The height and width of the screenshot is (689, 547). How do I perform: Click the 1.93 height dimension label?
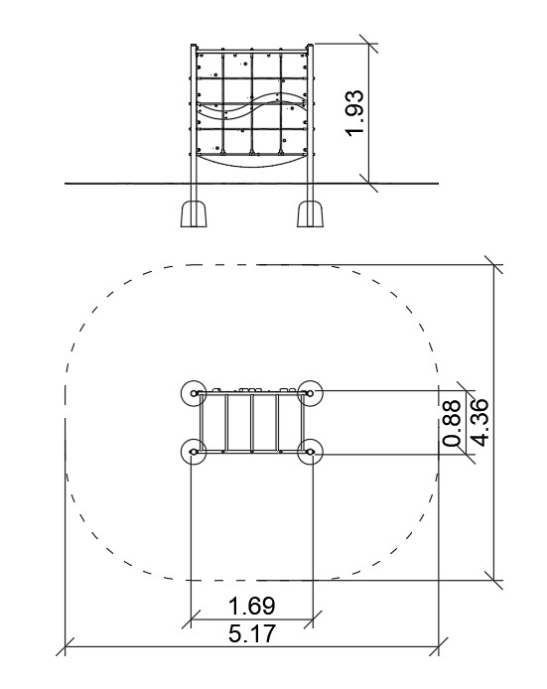pos(355,113)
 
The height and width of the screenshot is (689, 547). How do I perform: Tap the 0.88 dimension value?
pos(452,423)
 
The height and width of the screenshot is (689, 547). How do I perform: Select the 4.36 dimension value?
pos(478,422)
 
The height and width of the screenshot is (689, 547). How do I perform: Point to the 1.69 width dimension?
pos(252,606)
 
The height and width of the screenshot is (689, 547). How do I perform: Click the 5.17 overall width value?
pos(252,633)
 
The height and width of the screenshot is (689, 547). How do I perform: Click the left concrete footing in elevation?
pos(194,213)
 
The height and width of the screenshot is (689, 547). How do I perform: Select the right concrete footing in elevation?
pos(310,213)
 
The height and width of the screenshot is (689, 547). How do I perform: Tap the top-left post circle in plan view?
pos(194,393)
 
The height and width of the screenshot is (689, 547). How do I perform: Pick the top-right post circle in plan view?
pos(310,393)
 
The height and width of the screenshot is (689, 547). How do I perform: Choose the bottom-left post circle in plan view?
pos(194,452)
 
